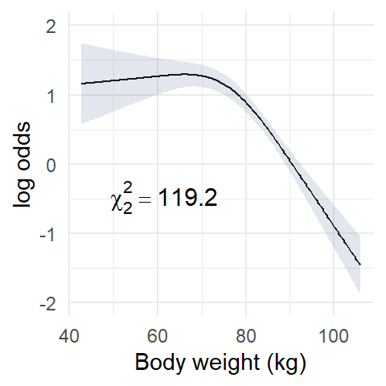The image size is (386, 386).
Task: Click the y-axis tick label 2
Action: coord(51,27)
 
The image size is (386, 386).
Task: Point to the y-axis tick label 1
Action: coord(51,96)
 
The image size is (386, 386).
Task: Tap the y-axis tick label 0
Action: coord(51,166)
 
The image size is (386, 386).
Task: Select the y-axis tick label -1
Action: coord(48,235)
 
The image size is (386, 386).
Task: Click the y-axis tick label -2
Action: coord(48,304)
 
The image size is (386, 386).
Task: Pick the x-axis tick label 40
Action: coord(69,336)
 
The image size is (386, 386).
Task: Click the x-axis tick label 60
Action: coord(158,336)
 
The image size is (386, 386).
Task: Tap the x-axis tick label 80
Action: coord(246,336)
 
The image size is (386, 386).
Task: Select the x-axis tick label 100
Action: coord(334,336)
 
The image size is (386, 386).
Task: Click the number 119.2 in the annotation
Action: coord(187,198)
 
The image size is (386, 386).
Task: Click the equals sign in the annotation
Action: coord(145,199)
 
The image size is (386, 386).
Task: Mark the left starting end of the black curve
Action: coord(81,84)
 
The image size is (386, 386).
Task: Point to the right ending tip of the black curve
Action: coord(360,265)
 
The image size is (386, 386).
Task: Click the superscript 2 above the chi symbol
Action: coord(128,187)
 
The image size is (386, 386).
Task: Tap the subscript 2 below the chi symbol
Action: coord(128,208)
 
